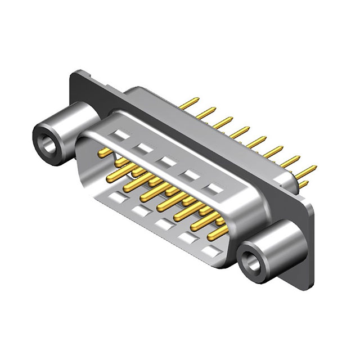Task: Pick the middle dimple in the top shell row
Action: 167,161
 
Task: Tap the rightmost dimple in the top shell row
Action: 213,188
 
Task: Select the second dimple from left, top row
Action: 144,148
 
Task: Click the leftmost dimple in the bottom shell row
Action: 118,197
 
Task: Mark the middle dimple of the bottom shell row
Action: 164,224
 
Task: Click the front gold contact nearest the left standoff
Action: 104,152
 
